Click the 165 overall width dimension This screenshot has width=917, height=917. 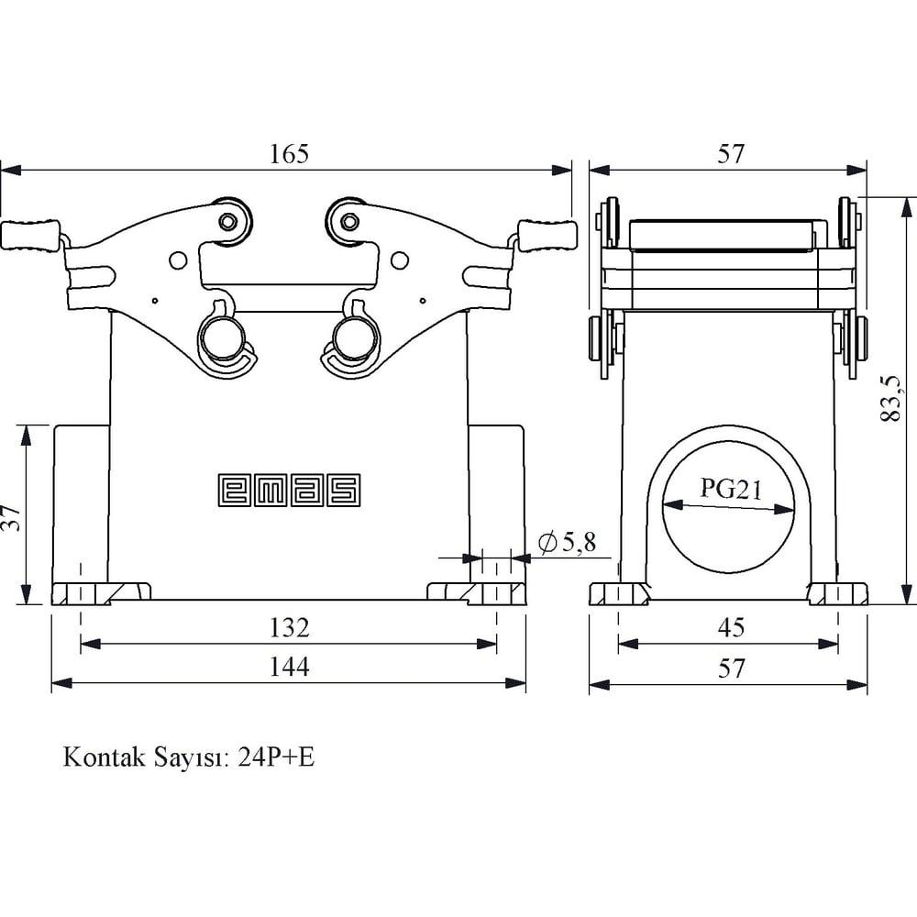[289, 154]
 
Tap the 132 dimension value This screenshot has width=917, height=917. [289, 628]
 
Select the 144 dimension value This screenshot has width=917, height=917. [289, 668]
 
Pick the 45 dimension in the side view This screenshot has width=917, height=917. [730, 628]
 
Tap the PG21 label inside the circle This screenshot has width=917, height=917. [731, 488]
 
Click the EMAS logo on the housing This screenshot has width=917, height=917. [289, 490]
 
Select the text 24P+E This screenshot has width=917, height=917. [275, 758]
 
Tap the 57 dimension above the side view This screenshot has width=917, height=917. [730, 154]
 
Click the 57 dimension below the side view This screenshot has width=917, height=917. [730, 668]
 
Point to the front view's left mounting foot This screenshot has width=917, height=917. [101, 592]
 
